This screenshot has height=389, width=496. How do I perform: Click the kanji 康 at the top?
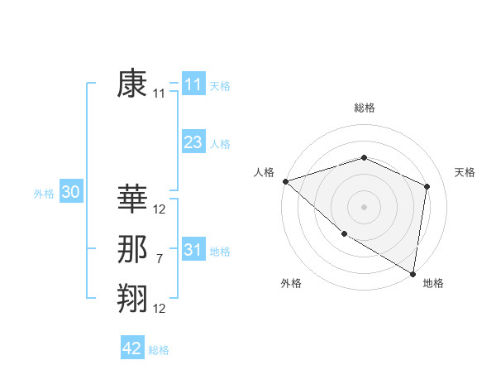(132, 84)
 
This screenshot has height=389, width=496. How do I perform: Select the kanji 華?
(132, 199)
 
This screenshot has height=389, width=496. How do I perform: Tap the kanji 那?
(132, 250)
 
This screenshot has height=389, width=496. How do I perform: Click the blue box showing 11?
(193, 84)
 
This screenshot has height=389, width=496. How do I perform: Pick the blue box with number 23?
(193, 142)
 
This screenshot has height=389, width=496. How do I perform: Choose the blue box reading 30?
(70, 193)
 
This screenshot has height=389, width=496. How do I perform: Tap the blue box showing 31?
(193, 250)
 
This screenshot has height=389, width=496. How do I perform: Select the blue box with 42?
(132, 348)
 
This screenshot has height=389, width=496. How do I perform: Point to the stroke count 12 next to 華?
(160, 209)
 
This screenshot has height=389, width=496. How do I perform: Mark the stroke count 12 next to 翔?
(160, 309)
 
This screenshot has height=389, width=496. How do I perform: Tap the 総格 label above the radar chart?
(364, 108)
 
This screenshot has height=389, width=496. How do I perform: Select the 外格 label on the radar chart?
(291, 283)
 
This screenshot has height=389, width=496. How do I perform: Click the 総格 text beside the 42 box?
(159, 350)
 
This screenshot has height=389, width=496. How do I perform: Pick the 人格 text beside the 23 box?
(220, 144)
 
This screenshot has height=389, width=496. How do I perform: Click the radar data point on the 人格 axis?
(285, 181)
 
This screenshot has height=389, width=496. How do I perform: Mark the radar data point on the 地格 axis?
(413, 272)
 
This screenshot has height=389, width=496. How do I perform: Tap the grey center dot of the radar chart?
(364, 206)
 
